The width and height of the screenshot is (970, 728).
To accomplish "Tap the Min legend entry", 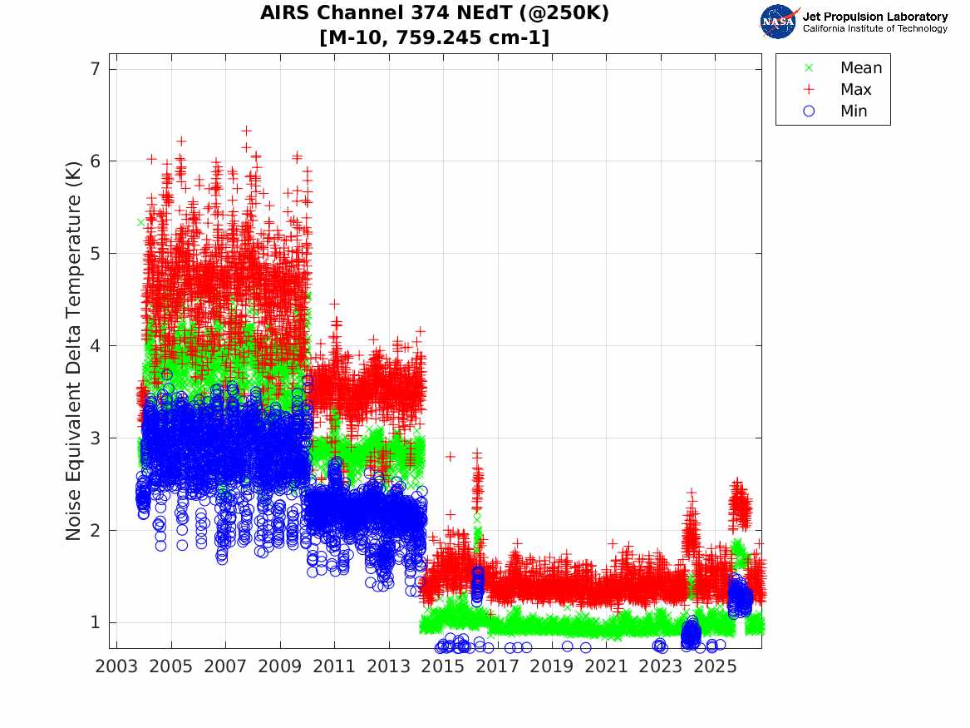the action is tap(835, 111).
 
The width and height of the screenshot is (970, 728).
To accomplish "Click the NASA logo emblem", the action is tap(778, 22).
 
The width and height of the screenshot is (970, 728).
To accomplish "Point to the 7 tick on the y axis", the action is tap(96, 69).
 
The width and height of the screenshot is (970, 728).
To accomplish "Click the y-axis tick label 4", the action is tap(96, 345).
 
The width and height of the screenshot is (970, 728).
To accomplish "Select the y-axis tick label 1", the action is tap(96, 622).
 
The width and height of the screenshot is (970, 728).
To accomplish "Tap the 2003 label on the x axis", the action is tap(116, 666).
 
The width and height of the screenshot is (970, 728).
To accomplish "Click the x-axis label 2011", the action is tap(334, 666).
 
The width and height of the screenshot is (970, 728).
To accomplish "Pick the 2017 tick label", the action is tap(497, 666).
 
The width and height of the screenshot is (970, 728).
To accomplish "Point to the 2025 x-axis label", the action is tap(715, 666).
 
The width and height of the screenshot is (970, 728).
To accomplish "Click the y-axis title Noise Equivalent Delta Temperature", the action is tap(73, 351).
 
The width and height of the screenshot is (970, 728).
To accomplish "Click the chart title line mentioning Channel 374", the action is tap(434, 12).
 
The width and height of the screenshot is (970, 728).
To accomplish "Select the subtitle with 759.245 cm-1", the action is tap(434, 37).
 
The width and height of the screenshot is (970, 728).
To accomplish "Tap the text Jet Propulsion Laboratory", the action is tap(874, 17).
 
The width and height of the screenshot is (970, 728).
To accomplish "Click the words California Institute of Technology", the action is tap(874, 28).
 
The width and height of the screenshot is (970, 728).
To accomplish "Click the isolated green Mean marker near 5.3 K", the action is tap(141, 222).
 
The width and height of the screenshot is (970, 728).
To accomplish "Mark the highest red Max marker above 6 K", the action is tap(246, 131).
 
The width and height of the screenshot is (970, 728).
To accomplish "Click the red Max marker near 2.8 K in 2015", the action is tap(451, 456).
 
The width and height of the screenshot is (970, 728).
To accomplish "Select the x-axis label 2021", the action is tap(606, 666).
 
